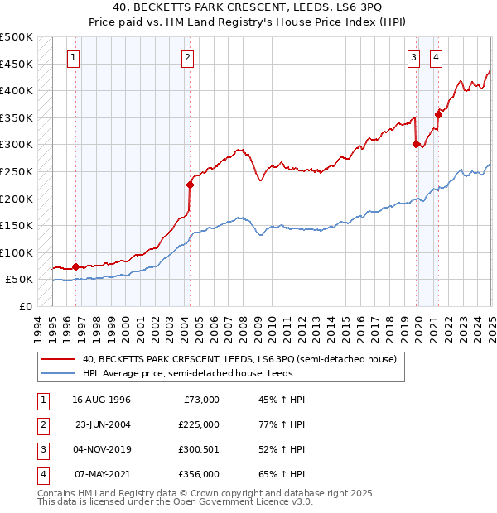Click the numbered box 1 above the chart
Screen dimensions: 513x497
(75, 57)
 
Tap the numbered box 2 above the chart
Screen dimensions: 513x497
(188, 57)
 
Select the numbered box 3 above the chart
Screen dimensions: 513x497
(413, 57)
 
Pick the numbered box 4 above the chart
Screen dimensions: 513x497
(436, 57)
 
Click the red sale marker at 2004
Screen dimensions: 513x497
(190, 185)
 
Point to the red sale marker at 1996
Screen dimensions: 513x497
(76, 266)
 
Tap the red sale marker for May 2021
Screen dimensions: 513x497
(438, 114)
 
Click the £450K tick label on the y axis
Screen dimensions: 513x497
(17, 64)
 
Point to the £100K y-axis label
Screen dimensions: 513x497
(17, 253)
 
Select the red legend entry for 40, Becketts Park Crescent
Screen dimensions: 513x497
(239, 359)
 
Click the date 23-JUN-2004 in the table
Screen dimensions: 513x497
(104, 424)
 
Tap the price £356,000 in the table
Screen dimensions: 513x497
(200, 474)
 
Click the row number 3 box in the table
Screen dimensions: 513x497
(42, 449)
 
